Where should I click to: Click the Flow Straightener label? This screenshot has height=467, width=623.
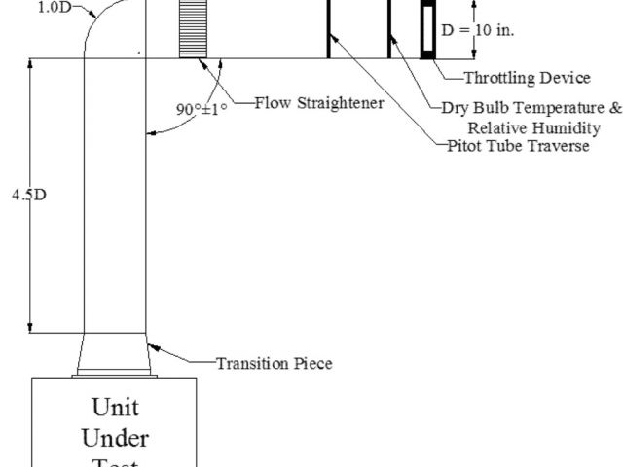tap(319, 102)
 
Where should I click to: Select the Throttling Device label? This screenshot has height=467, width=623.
tap(527, 78)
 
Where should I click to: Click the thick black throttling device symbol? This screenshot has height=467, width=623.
tap(427, 29)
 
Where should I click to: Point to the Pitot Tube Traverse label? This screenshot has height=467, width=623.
tap(518, 146)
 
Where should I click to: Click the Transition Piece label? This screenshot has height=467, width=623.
tap(274, 364)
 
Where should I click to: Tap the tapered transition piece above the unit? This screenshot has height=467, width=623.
tap(116, 355)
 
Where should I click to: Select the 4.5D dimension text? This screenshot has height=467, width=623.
tap(28, 195)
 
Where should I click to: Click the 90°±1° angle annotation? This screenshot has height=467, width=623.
tap(201, 109)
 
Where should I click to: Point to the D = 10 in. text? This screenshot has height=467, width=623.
tap(478, 30)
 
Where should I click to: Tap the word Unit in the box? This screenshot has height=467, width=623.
tap(116, 406)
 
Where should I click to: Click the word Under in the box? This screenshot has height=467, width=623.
tap(116, 438)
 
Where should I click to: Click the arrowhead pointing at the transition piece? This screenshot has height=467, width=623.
tap(151, 344)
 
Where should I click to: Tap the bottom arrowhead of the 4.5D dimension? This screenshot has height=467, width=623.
tap(33, 329)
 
